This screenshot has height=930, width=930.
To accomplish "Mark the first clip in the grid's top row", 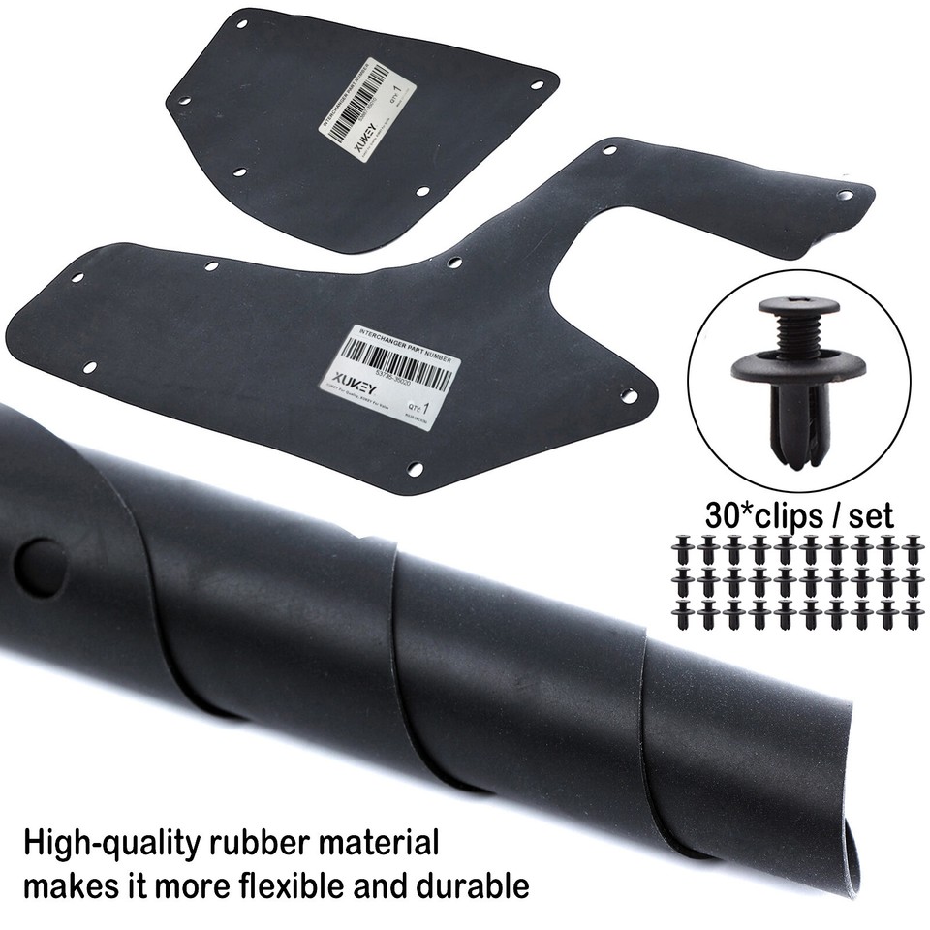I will tap(684, 547).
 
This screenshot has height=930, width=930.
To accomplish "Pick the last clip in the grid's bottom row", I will tap(910, 613).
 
